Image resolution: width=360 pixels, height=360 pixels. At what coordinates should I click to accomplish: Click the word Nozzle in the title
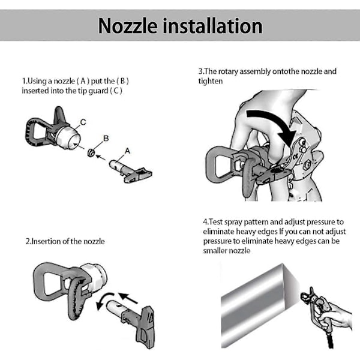pyautogui.click(x=128, y=26)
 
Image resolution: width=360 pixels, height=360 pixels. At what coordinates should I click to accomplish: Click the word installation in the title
pyautogui.click(x=212, y=26)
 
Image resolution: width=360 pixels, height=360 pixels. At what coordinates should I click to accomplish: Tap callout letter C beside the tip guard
pyautogui.click(x=83, y=122)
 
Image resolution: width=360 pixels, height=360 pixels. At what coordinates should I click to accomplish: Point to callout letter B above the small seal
pyautogui.click(x=106, y=138)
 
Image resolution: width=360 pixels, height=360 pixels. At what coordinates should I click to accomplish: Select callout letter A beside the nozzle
pyautogui.click(x=127, y=151)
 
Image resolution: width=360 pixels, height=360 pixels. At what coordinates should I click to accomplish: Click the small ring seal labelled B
pyautogui.click(x=91, y=152)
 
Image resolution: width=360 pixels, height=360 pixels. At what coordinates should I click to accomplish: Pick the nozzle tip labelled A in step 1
pyautogui.click(x=130, y=171)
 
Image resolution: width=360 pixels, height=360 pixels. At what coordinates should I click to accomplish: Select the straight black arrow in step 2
pyautogui.click(x=128, y=298)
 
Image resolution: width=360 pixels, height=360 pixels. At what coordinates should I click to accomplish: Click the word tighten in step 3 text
pyautogui.click(x=211, y=81)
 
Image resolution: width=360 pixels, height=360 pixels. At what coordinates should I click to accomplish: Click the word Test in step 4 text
pyautogui.click(x=216, y=222)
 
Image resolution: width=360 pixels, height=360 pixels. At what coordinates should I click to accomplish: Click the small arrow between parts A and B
pyautogui.click(x=101, y=157)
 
